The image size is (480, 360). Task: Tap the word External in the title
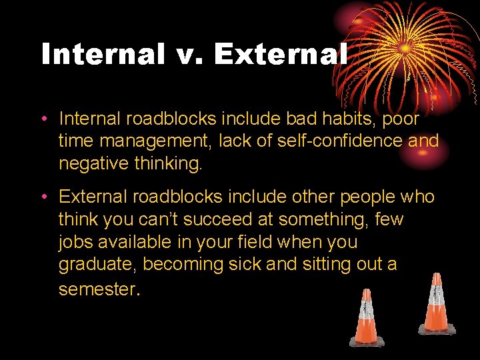281,54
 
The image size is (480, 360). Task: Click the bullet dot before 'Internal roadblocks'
43,119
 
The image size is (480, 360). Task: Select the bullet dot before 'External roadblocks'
43,198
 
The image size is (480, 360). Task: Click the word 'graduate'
98,265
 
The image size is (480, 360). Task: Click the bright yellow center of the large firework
405,49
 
